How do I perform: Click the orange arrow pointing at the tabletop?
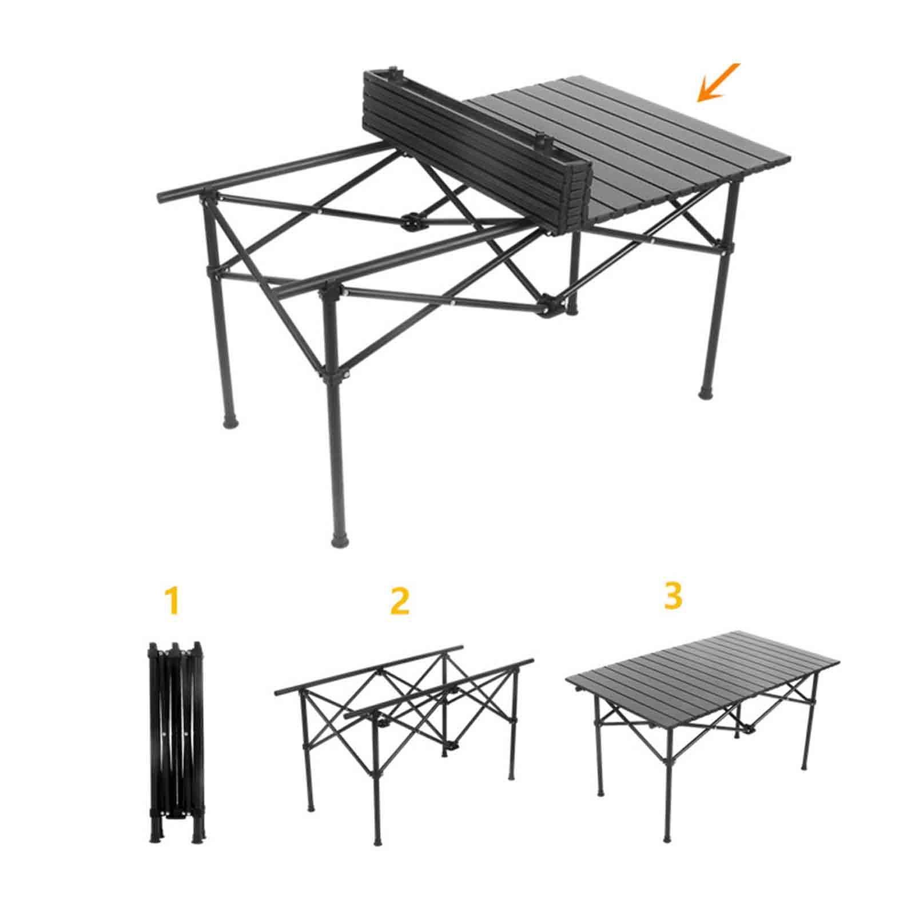[718, 83]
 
